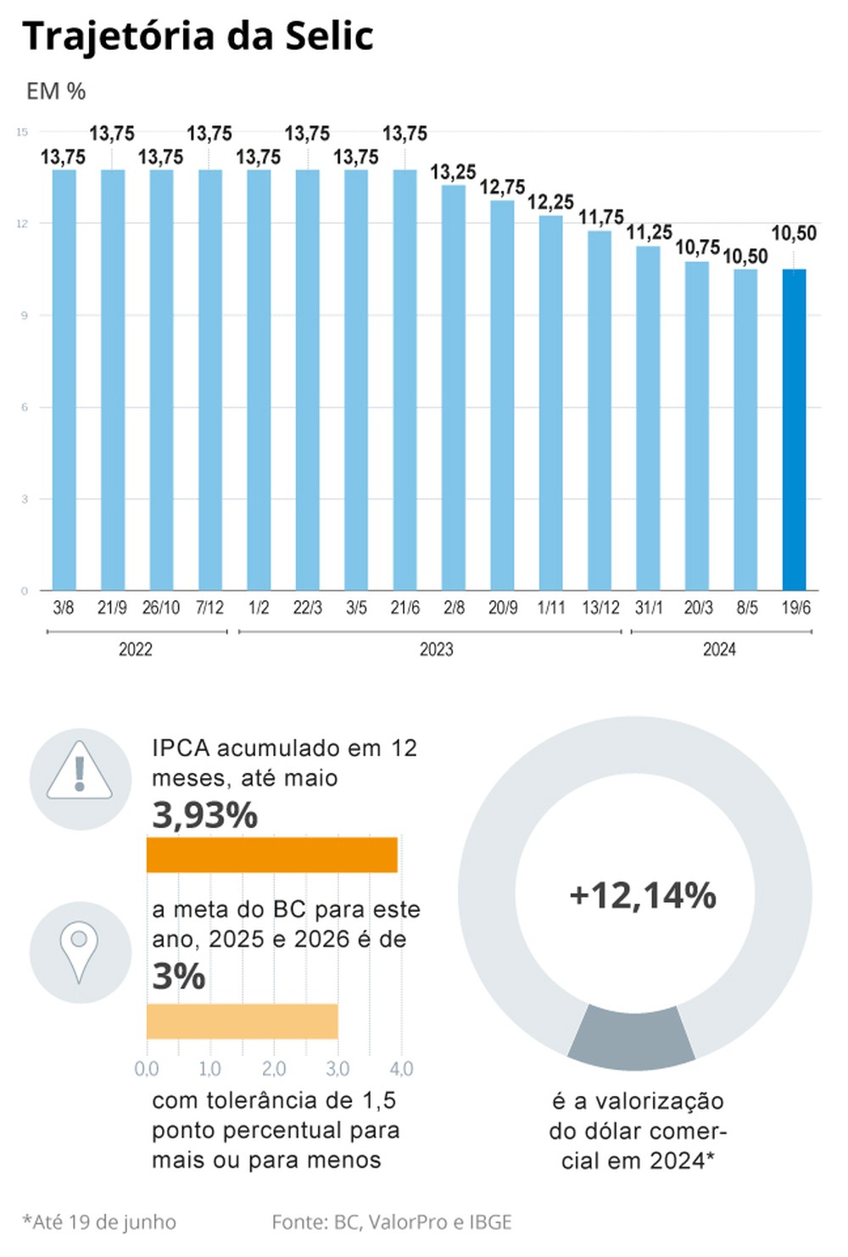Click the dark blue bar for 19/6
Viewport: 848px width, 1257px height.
coord(794,430)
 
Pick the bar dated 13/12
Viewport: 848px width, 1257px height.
coord(600,410)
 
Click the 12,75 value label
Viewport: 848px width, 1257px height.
coord(502,186)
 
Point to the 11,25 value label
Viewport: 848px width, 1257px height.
coord(649,232)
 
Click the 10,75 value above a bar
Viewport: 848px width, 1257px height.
coord(697,248)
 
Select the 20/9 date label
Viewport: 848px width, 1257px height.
coord(502,608)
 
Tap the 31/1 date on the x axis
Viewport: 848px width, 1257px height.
coord(649,608)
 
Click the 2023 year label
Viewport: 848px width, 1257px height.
coord(436,649)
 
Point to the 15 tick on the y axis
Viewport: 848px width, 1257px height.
coord(22,132)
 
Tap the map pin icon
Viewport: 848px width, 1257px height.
coord(79,951)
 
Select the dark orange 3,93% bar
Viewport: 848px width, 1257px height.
coord(271,854)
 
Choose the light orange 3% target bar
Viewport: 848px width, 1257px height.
coord(242,1021)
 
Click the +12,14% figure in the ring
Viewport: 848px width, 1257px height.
coord(643,895)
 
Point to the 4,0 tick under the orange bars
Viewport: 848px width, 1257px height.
coord(401,1069)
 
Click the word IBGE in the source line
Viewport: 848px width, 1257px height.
coord(490,1222)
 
